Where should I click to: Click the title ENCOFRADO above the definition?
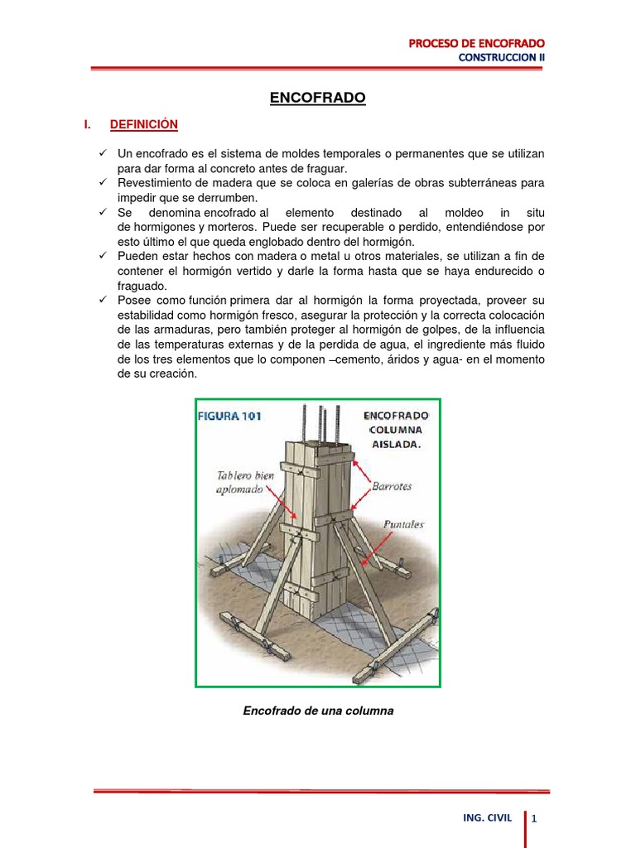pyautogui.click(x=317, y=98)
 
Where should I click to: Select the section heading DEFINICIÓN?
pyautogui.click(x=144, y=124)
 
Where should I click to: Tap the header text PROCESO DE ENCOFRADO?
pyautogui.click(x=478, y=42)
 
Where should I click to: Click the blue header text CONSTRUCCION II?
pyautogui.click(x=503, y=57)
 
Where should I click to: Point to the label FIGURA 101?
pyautogui.click(x=229, y=417)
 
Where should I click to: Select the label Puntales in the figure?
pyautogui.click(x=403, y=524)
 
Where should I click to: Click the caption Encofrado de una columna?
pyautogui.click(x=317, y=710)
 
